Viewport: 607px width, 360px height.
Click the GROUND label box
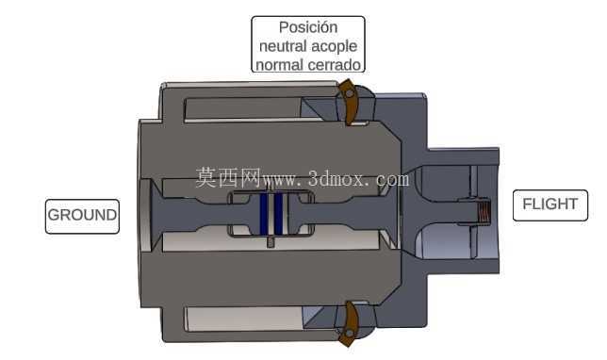pos(82,217)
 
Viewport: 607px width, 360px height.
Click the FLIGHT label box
pos(550,205)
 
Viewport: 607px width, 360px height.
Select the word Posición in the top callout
pos(308,27)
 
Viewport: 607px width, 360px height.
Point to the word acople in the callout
pos(334,46)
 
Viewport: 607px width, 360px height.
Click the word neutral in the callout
pos(283,46)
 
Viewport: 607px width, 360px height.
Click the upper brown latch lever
pos(349,102)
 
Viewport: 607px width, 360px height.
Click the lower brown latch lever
pos(349,324)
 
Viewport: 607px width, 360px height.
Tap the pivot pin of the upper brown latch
pos(349,93)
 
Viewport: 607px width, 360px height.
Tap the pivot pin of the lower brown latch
pos(350,333)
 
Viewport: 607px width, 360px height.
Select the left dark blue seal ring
pos(264,214)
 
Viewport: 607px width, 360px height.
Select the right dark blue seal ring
pos(279,214)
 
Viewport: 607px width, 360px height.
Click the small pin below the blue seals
pos(271,242)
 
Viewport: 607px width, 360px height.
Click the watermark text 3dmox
pos(336,180)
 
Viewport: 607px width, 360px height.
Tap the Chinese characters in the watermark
pos(228,178)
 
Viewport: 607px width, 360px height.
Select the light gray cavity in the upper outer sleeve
pos(243,109)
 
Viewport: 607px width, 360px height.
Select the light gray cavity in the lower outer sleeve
pos(244,319)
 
